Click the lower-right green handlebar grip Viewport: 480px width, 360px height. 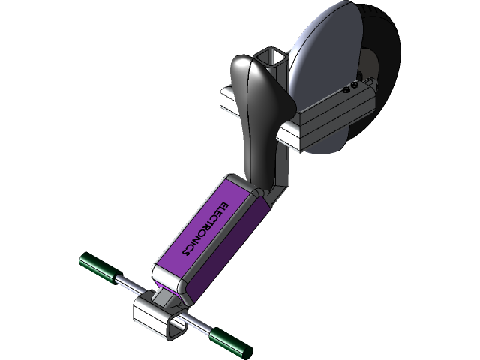pos(229,341)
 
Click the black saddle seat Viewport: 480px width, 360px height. pos(259,105)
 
